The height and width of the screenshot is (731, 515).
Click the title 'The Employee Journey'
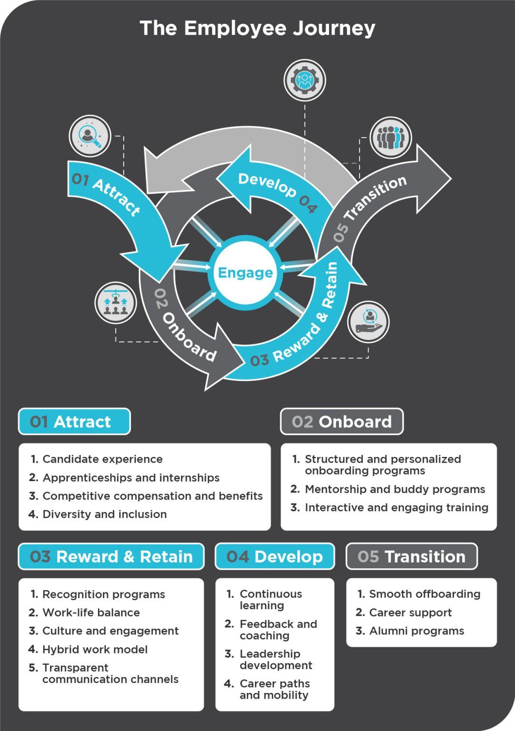tap(257, 29)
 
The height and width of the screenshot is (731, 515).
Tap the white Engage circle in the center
tap(245, 273)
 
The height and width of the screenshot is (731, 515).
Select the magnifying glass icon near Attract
tap(90, 136)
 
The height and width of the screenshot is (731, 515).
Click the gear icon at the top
tap(305, 80)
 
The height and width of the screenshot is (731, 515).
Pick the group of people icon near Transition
tap(390, 138)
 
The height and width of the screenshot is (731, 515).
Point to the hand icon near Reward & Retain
tap(368, 322)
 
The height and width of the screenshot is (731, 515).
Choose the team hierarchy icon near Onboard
tap(116, 303)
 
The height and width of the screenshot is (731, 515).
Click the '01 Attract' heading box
tap(74, 422)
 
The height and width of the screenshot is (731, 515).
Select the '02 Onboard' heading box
tap(341, 422)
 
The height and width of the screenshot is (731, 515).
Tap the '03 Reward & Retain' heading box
tap(111, 556)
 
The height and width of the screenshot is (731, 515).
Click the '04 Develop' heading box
tap(274, 556)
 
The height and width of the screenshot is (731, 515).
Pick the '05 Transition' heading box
tap(411, 556)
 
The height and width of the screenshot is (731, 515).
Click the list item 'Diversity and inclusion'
tap(105, 514)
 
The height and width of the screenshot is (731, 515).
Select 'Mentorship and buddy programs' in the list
tap(395, 489)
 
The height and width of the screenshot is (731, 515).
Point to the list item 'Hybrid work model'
tap(95, 650)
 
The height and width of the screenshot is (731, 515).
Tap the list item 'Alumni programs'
tap(417, 631)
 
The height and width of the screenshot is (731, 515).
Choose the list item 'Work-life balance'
tap(91, 612)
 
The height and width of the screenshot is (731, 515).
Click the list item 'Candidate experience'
tap(102, 459)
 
